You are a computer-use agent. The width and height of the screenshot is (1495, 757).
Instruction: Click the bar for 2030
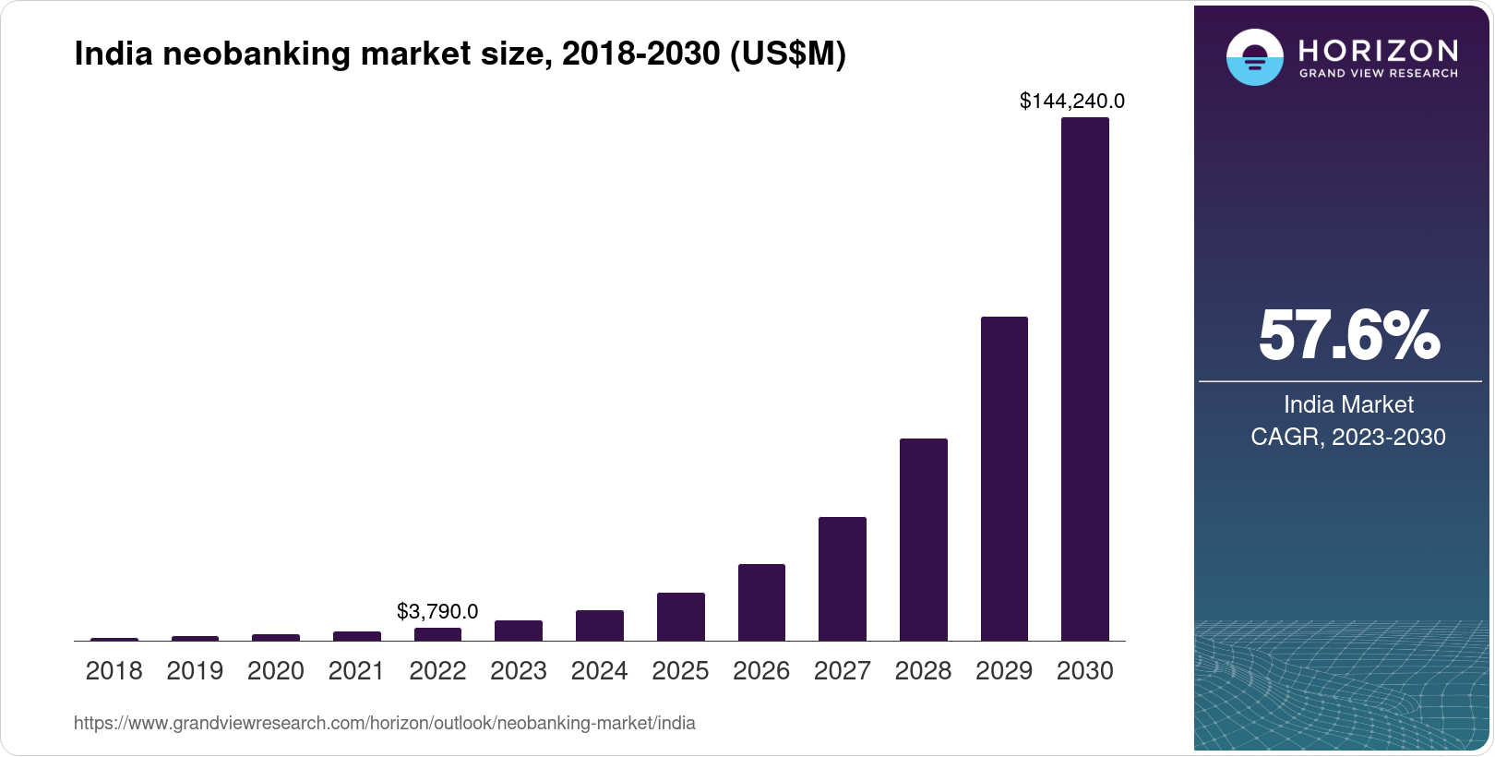(1084, 378)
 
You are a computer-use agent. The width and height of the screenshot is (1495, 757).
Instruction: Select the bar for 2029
(1004, 478)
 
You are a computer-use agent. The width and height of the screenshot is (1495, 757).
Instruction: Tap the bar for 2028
(923, 539)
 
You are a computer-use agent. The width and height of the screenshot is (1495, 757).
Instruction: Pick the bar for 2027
(842, 579)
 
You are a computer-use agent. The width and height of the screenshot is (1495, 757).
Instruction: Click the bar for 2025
(680, 617)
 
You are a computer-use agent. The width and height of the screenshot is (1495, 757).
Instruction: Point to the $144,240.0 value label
(1071, 101)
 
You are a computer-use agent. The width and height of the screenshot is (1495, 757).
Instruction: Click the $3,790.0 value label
(437, 611)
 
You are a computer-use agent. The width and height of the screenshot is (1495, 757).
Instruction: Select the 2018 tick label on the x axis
(114, 671)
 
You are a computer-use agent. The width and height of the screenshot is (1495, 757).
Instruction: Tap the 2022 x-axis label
(437, 671)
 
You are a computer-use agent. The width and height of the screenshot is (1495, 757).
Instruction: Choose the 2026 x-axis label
(761, 671)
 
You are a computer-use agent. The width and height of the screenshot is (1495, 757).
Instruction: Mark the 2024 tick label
(599, 671)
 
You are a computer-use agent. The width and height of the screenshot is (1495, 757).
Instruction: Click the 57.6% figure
(1348, 336)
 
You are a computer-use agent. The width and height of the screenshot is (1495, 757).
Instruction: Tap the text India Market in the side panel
(1348, 404)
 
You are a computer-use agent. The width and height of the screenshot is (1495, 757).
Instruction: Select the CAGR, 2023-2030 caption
(1348, 437)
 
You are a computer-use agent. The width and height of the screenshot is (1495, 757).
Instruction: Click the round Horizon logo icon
(1254, 57)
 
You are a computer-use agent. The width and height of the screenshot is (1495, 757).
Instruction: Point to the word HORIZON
(1378, 50)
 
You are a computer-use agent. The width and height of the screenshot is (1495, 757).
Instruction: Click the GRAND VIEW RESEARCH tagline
(1378, 73)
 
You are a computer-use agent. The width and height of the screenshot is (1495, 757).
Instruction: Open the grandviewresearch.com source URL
(384, 723)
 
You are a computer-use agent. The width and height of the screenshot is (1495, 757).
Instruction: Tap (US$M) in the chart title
(787, 54)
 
